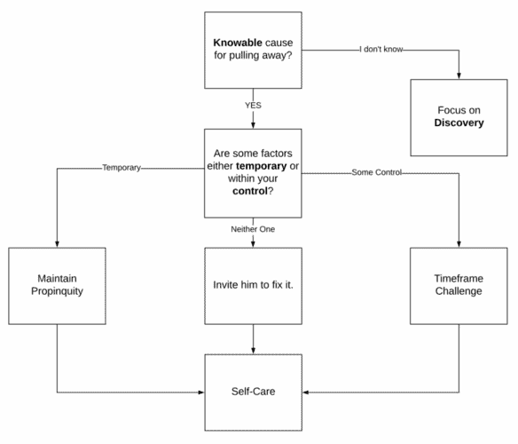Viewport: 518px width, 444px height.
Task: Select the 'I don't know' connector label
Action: [x=382, y=49]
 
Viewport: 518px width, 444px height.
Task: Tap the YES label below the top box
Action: [x=253, y=105]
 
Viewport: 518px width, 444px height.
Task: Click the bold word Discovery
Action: [x=459, y=123]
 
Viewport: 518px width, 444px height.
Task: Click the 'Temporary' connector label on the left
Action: [x=122, y=167]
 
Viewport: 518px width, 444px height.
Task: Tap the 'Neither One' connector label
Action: [x=252, y=229]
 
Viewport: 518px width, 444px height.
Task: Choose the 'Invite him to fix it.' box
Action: [x=253, y=284]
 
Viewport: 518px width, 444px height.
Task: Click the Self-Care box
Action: [x=253, y=391]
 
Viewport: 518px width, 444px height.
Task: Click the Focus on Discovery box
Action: [x=459, y=115]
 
